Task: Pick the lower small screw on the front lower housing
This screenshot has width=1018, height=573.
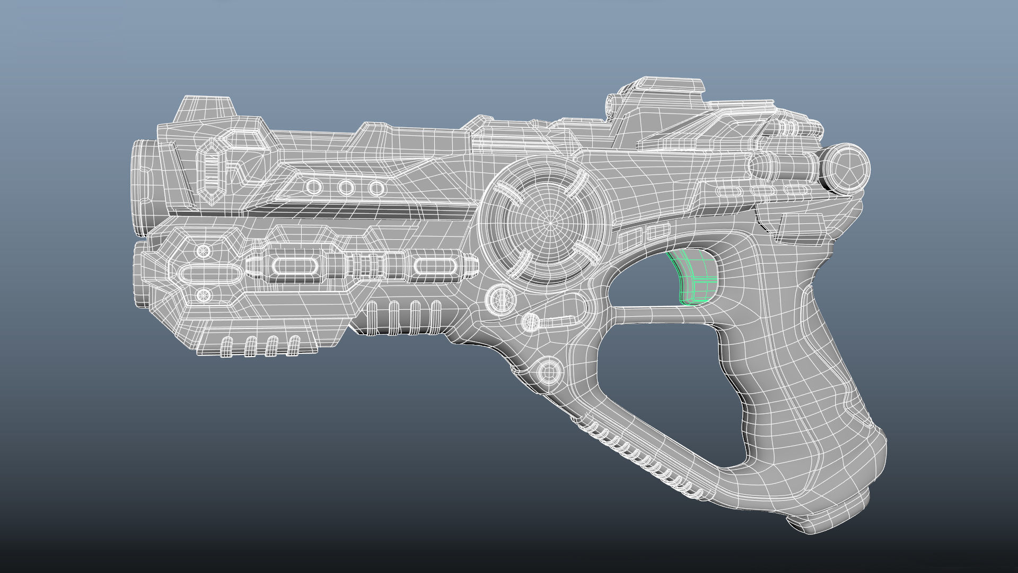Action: coord(202,295)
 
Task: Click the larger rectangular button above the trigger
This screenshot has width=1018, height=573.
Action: coord(628,241)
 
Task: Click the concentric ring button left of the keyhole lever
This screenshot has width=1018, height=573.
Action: coord(501,298)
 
